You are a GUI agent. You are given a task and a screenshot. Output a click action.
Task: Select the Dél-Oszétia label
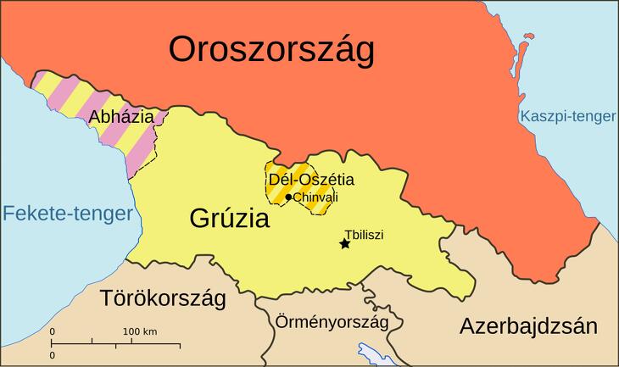[311, 180]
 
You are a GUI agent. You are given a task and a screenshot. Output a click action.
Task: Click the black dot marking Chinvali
[288, 197]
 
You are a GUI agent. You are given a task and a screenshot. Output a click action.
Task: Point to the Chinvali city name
[315, 197]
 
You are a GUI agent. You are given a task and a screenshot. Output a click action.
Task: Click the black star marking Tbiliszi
[344, 244]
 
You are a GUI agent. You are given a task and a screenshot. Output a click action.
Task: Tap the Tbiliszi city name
[364, 234]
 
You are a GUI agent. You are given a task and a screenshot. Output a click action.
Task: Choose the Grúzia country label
[229, 220]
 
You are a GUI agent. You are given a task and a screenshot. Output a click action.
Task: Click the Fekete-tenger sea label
[67, 214]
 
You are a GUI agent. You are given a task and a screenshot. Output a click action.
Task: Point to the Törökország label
[163, 298]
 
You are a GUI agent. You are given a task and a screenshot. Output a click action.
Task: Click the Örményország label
[332, 322]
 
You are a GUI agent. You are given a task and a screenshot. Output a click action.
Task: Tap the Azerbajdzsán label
[529, 326]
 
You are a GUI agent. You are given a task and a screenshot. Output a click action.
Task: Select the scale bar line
[115, 343]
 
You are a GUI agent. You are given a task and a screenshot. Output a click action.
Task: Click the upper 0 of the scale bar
[52, 331]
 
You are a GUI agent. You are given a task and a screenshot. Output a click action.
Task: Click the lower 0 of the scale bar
[52, 355]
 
